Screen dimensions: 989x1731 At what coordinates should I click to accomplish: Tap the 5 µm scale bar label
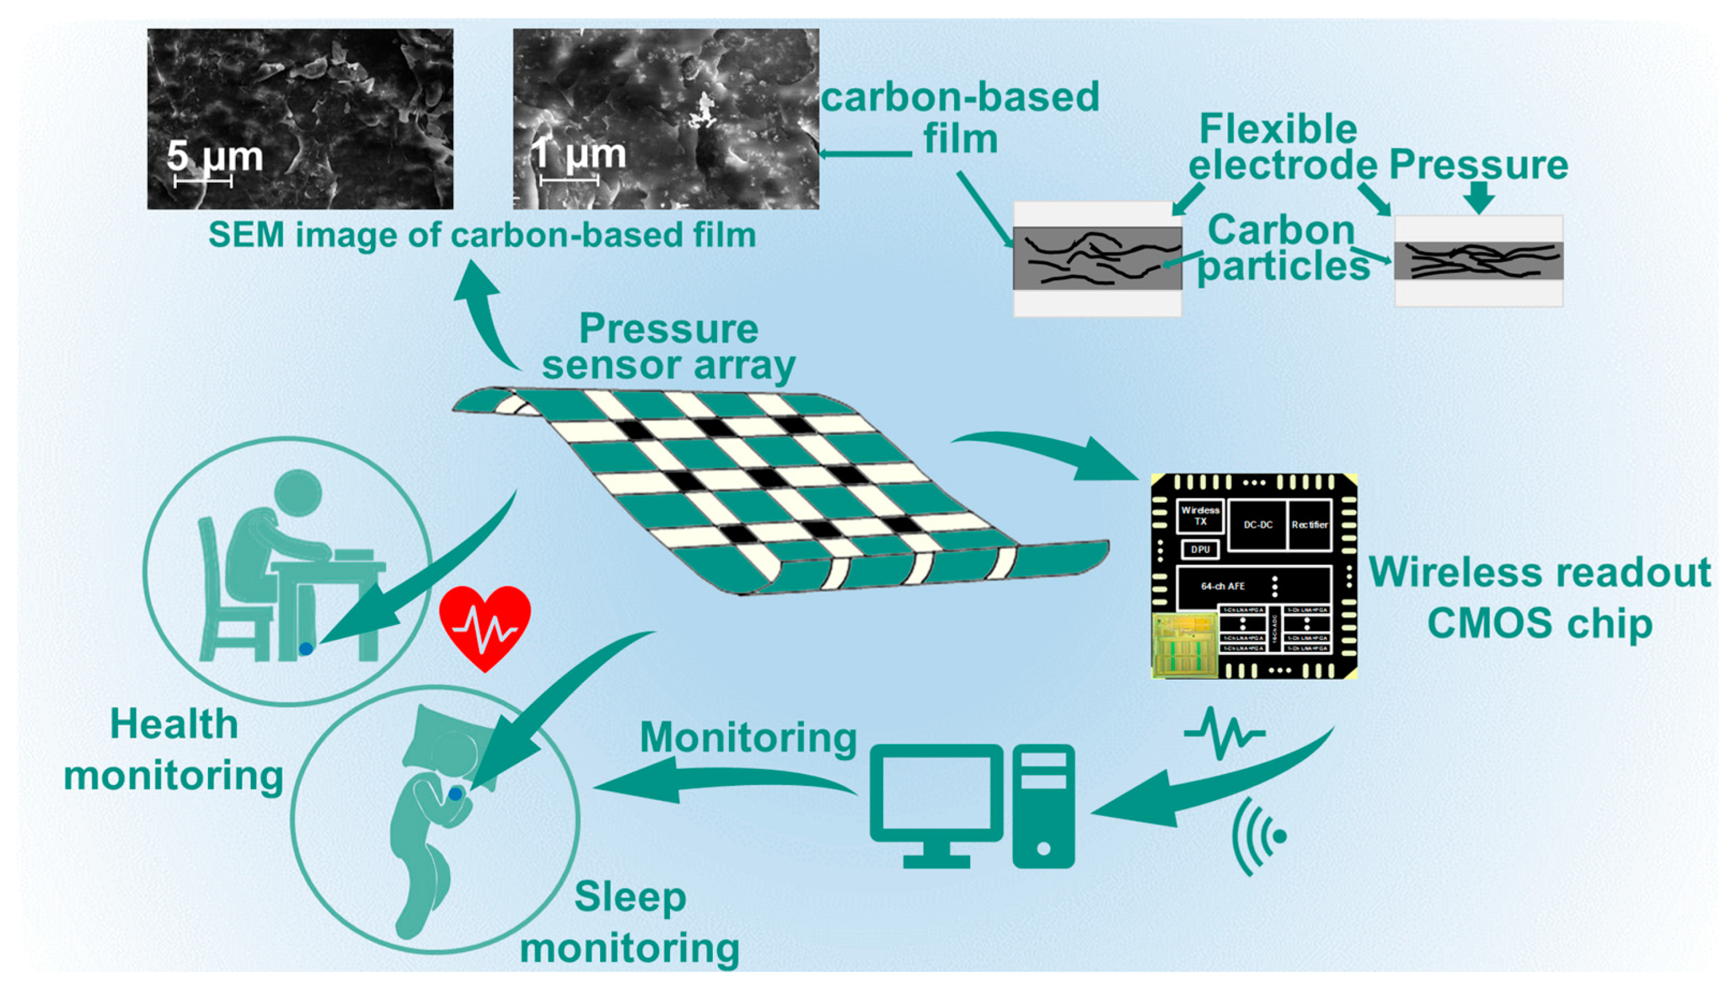(214, 156)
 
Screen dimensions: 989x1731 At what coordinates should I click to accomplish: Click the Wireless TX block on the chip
(1200, 516)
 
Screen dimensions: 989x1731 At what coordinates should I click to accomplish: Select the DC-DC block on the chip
(1258, 525)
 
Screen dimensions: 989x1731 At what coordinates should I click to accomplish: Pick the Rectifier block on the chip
(1309, 525)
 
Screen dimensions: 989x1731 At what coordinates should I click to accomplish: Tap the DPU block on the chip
(1200, 550)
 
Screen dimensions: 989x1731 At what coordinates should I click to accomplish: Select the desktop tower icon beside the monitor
(1044, 806)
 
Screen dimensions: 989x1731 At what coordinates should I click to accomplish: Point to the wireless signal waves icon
(1260, 836)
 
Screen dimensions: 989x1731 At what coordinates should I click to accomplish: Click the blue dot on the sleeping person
(455, 793)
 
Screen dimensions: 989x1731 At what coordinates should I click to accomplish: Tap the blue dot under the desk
(305, 648)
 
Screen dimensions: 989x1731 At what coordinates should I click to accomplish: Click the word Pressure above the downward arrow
(1478, 165)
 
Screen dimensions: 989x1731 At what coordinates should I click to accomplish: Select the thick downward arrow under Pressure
(1479, 199)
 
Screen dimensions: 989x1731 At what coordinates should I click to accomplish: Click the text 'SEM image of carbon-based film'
(482, 235)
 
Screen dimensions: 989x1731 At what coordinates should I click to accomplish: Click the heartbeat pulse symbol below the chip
(1224, 734)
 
